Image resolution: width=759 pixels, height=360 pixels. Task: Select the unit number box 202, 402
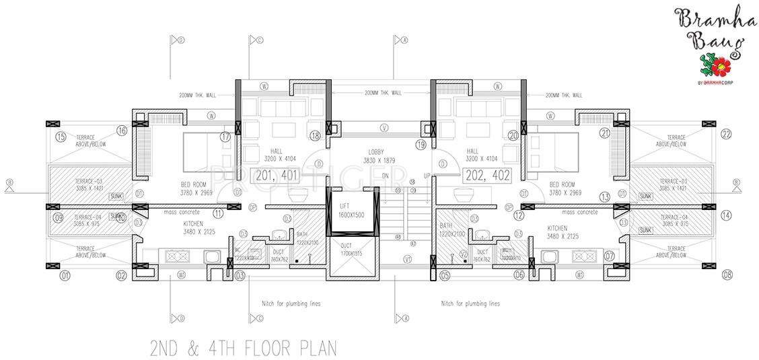click(x=487, y=176)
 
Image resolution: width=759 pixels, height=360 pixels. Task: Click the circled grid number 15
click(x=61, y=137)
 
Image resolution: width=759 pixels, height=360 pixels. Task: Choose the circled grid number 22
click(x=725, y=133)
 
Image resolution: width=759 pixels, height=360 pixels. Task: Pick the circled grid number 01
click(x=65, y=275)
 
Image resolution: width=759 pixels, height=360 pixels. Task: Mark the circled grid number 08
click(x=726, y=275)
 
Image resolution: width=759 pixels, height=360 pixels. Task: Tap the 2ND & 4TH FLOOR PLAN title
click(x=242, y=349)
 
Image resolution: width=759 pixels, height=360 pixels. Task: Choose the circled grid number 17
click(x=225, y=137)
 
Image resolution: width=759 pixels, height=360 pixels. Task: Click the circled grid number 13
click(x=605, y=197)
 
